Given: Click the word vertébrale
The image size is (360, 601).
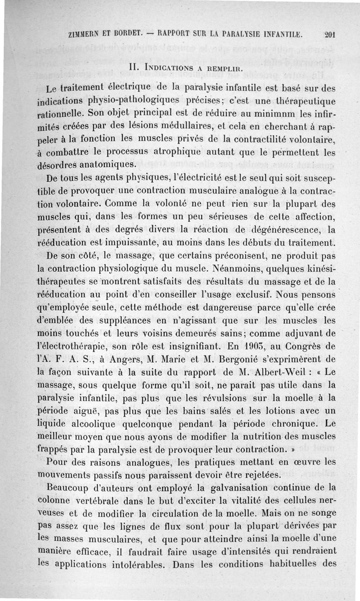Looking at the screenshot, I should pos(101,499).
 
